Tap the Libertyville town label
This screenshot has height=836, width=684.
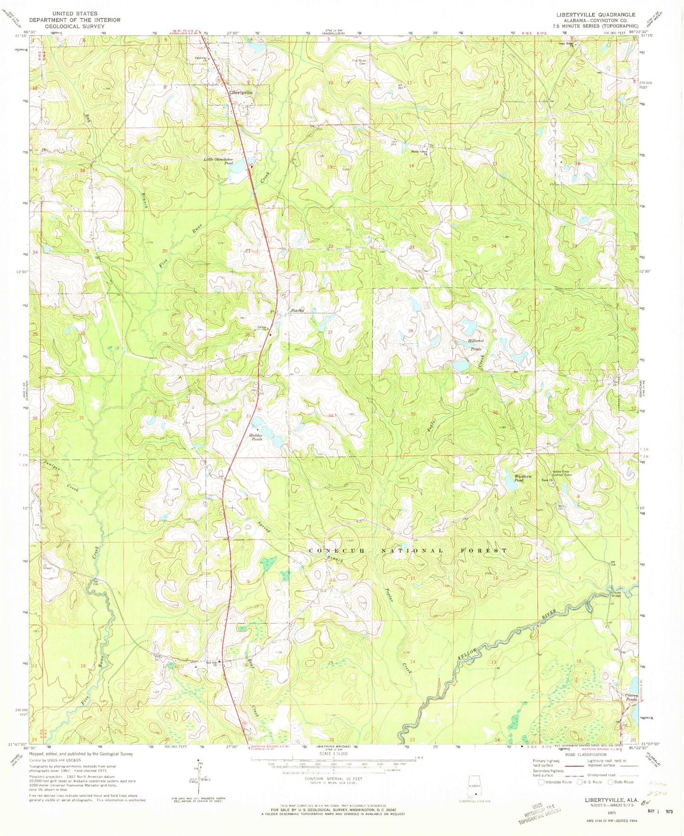[x=241, y=93]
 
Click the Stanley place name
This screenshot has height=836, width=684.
[x=297, y=311]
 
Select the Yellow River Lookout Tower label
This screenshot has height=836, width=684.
[x=567, y=473]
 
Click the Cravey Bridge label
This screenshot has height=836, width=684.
[x=615, y=594]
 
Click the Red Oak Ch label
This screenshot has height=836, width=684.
[x=212, y=663]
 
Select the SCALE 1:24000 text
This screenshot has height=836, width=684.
[x=333, y=766]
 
